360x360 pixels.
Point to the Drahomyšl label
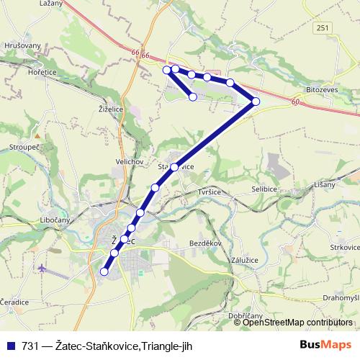point(341,297)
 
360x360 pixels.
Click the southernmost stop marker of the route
point(104,272)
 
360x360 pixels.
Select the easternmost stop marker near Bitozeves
point(256,102)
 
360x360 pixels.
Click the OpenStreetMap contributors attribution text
point(297,323)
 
